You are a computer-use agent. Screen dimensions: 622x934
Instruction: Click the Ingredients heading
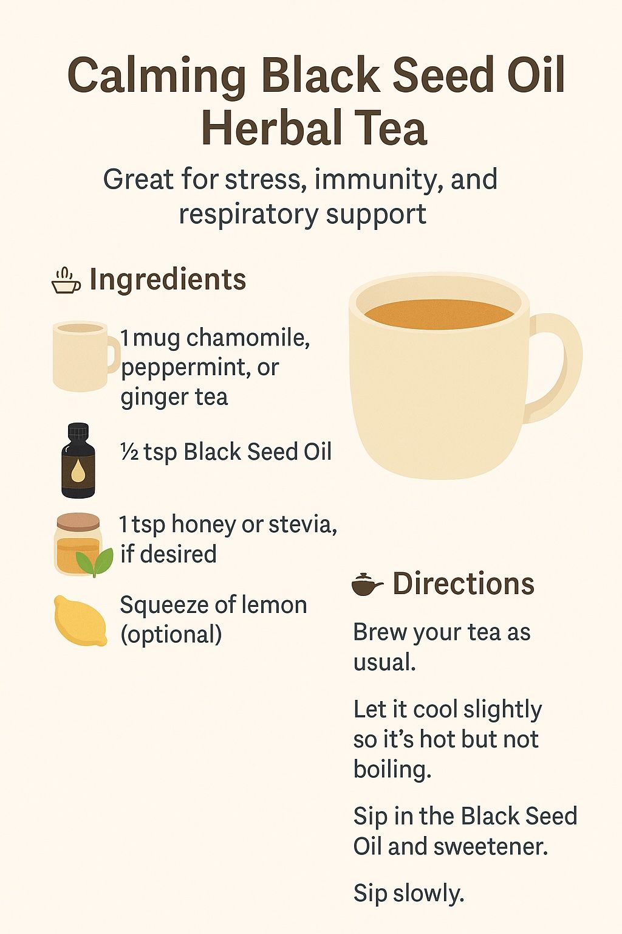(168, 279)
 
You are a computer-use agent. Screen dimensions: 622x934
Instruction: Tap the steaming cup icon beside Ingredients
(66, 281)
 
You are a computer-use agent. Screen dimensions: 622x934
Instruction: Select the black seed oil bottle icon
(78, 460)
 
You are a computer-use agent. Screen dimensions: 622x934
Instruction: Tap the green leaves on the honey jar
(95, 561)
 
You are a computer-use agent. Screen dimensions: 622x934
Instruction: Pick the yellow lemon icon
(80, 621)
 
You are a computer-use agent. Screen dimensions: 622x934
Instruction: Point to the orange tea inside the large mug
(439, 314)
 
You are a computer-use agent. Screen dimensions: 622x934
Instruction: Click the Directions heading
(463, 583)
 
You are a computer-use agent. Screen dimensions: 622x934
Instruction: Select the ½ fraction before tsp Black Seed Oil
(129, 452)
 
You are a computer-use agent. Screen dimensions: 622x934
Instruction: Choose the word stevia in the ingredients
(303, 524)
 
